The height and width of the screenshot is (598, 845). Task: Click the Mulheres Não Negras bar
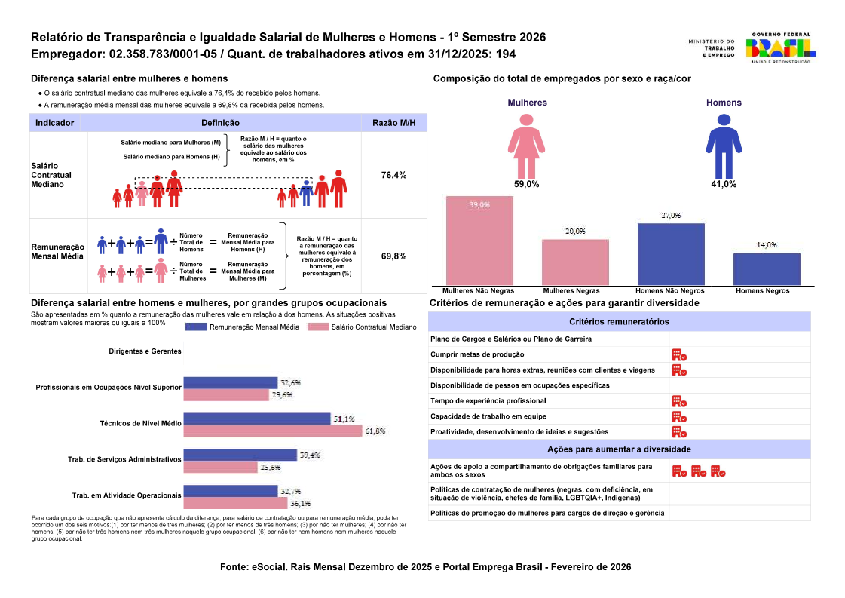[479, 241]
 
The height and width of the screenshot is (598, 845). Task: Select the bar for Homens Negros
[767, 268]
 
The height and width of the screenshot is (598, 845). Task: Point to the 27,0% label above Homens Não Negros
[671, 216]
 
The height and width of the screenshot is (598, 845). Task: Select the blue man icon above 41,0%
[724, 146]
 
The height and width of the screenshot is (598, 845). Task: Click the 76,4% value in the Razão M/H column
[394, 175]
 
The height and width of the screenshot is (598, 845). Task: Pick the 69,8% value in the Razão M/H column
[394, 256]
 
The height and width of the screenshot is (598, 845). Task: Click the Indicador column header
[54, 123]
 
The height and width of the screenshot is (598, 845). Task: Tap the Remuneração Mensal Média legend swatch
[195, 327]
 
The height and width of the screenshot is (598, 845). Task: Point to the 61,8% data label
[375, 431]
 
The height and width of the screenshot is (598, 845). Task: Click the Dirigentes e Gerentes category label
[145, 351]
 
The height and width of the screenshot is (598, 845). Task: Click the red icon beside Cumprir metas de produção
[679, 354]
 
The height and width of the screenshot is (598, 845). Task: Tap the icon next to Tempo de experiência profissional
[679, 401]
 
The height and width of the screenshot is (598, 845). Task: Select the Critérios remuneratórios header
[619, 321]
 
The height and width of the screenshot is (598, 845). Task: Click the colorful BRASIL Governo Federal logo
[779, 48]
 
